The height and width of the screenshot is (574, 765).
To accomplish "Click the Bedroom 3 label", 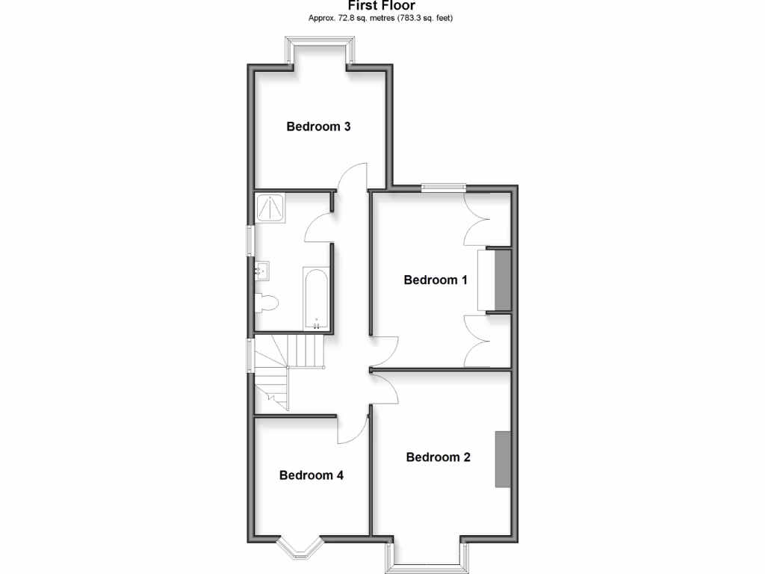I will [318, 126].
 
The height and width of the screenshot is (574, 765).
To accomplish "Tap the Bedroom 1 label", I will [436, 280].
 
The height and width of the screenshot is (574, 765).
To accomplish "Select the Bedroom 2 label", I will [438, 457].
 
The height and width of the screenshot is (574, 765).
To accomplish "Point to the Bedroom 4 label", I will [311, 475].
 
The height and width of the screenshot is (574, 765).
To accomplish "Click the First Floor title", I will [382, 6].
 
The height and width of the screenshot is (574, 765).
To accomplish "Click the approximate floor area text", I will [382, 18].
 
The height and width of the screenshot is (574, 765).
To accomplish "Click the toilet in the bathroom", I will [266, 303].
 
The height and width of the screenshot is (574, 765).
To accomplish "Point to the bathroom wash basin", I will [262, 271].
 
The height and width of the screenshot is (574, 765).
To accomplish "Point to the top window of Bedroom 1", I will [443, 188].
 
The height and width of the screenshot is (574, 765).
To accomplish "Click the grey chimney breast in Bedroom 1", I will [501, 280].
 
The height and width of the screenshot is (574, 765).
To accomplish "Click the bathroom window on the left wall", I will [251, 241].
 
